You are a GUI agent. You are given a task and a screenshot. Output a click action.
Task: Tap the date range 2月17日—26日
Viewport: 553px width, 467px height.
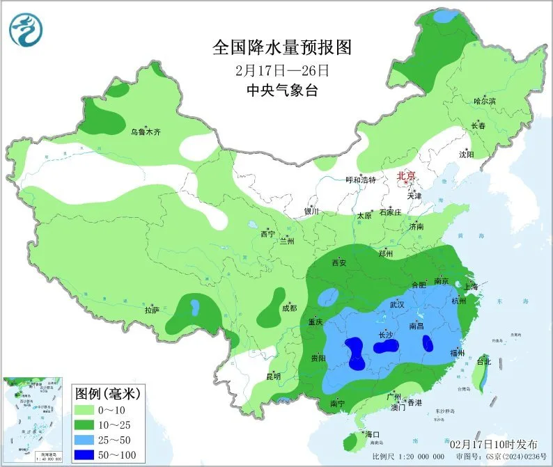pyautogui.click(x=281, y=70)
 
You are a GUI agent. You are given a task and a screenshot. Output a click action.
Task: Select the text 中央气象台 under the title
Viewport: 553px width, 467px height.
pyautogui.click(x=281, y=90)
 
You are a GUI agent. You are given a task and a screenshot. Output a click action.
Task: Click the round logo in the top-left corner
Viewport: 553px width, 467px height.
pyautogui.click(x=26, y=30)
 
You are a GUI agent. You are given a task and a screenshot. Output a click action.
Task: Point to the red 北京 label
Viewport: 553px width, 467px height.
pyautogui.click(x=406, y=177)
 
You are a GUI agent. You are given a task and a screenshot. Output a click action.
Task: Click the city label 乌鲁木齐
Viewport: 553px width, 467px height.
pyautogui.click(x=146, y=132)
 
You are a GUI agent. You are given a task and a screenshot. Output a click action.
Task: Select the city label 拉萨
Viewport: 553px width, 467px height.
pyautogui.click(x=153, y=308)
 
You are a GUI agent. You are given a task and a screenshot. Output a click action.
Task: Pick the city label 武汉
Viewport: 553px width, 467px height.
pyautogui.click(x=397, y=304)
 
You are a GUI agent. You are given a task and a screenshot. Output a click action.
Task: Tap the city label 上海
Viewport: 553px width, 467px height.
pyautogui.click(x=471, y=287)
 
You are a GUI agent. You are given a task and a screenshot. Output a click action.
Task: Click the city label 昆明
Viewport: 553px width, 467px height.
pyautogui.click(x=273, y=377)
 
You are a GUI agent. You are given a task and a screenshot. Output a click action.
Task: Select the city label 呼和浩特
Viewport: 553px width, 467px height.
pyautogui.click(x=361, y=180)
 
